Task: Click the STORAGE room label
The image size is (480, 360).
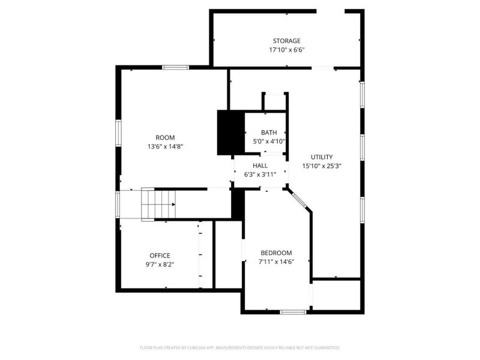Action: [286, 41]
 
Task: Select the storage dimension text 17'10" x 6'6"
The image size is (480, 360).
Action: [286, 50]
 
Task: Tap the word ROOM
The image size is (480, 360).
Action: [165, 137]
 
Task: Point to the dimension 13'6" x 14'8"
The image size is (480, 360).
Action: [165, 146]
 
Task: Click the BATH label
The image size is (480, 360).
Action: [268, 133]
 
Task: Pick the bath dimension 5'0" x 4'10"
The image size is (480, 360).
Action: [268, 142]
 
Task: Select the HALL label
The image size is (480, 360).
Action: [260, 165]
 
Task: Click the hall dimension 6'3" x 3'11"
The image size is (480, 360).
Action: [260, 175]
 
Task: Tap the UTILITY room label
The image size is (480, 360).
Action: [322, 157]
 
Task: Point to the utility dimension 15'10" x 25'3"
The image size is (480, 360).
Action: [322, 166]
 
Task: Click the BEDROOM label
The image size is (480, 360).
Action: [276, 253]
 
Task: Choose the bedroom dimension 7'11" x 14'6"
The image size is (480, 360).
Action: [276, 262]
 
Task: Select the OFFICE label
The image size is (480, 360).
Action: [160, 255]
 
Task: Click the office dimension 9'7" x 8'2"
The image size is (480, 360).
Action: [160, 264]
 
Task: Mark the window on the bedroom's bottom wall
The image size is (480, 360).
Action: [293, 311]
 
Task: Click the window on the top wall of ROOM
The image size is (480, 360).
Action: [175, 67]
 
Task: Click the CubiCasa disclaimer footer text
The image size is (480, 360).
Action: [240, 347]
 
